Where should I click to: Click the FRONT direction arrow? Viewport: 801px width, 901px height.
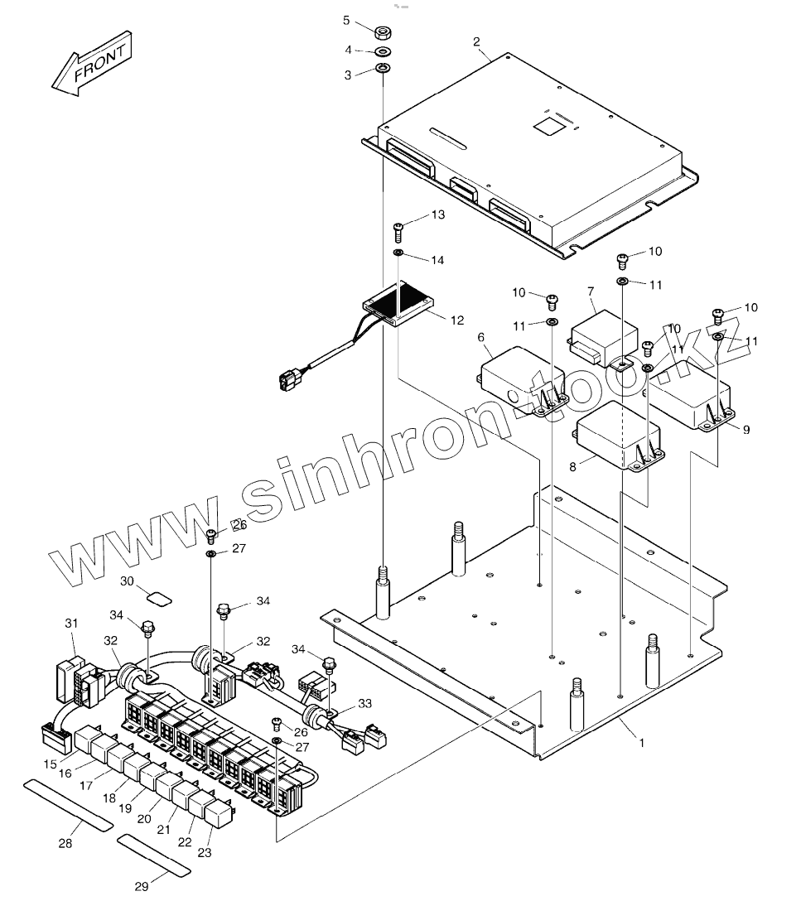coord(91,63)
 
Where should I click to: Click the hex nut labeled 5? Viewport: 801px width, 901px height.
coord(384,33)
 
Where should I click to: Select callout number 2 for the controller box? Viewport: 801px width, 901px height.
coord(477,41)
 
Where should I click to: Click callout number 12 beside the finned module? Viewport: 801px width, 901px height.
coord(456,320)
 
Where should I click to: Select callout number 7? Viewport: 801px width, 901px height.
coord(591,291)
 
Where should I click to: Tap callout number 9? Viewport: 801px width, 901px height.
coord(746,430)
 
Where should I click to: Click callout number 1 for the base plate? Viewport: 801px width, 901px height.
coord(640,743)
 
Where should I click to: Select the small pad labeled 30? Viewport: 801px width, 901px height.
coord(157,595)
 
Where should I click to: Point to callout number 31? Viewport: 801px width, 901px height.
coord(71,623)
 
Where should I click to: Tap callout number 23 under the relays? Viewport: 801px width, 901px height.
coord(204,852)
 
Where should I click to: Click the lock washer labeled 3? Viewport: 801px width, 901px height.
coord(384,68)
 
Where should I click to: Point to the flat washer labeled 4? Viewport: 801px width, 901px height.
coord(384,51)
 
